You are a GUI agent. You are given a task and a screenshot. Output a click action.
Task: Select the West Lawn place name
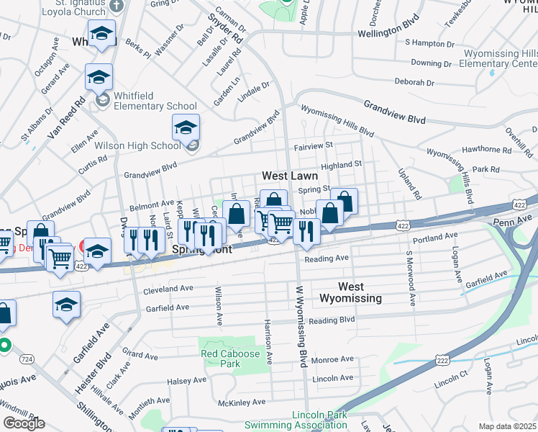(x=289, y=176)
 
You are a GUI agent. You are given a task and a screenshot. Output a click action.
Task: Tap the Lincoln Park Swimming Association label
(x=319, y=419)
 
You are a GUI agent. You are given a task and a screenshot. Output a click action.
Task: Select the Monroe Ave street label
(x=333, y=359)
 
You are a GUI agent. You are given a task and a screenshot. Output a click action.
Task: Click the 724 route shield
(x=27, y=358)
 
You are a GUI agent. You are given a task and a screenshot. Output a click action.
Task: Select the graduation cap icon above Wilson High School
(x=186, y=127)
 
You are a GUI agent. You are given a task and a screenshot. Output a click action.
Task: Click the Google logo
(x=24, y=423)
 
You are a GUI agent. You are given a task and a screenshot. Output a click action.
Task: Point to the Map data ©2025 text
(x=508, y=426)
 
